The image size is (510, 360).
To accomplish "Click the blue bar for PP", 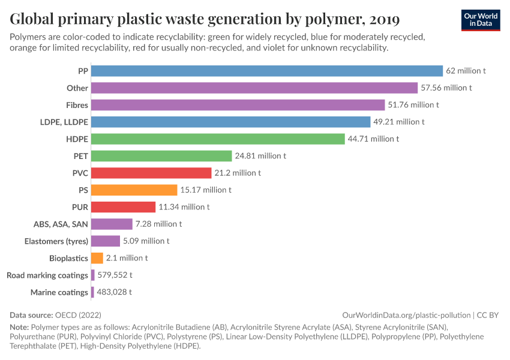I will click(267, 71).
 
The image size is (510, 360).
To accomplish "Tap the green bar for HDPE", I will click(218, 139).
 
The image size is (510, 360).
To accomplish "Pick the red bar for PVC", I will click(152, 173).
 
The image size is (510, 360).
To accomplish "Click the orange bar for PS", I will click(134, 190).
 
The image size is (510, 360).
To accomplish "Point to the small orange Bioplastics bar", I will click(97, 258).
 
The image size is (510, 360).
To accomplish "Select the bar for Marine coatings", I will click(93, 292).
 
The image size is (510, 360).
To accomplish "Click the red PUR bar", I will click(123, 207).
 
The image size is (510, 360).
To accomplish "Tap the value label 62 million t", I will click(466, 71).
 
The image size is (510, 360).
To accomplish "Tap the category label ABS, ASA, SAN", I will click(61, 224).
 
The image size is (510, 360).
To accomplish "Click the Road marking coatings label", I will click(47, 275).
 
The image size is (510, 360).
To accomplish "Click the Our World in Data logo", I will click(481, 20).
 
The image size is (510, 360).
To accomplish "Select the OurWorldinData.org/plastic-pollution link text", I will click(406, 315).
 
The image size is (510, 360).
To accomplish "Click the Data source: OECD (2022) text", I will click(55, 315).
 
